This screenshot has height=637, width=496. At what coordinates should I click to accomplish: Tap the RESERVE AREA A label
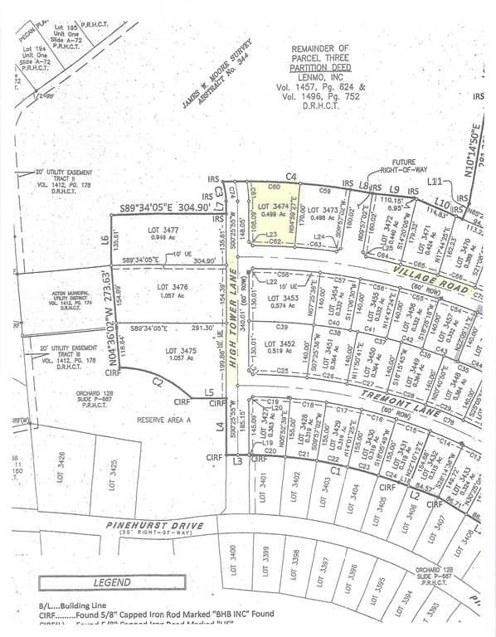(163, 421)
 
